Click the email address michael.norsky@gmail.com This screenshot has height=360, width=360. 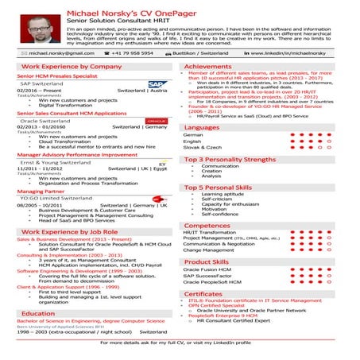point(55,52)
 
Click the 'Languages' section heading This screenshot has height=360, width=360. point(202,127)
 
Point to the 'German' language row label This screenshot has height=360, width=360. point(192,135)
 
